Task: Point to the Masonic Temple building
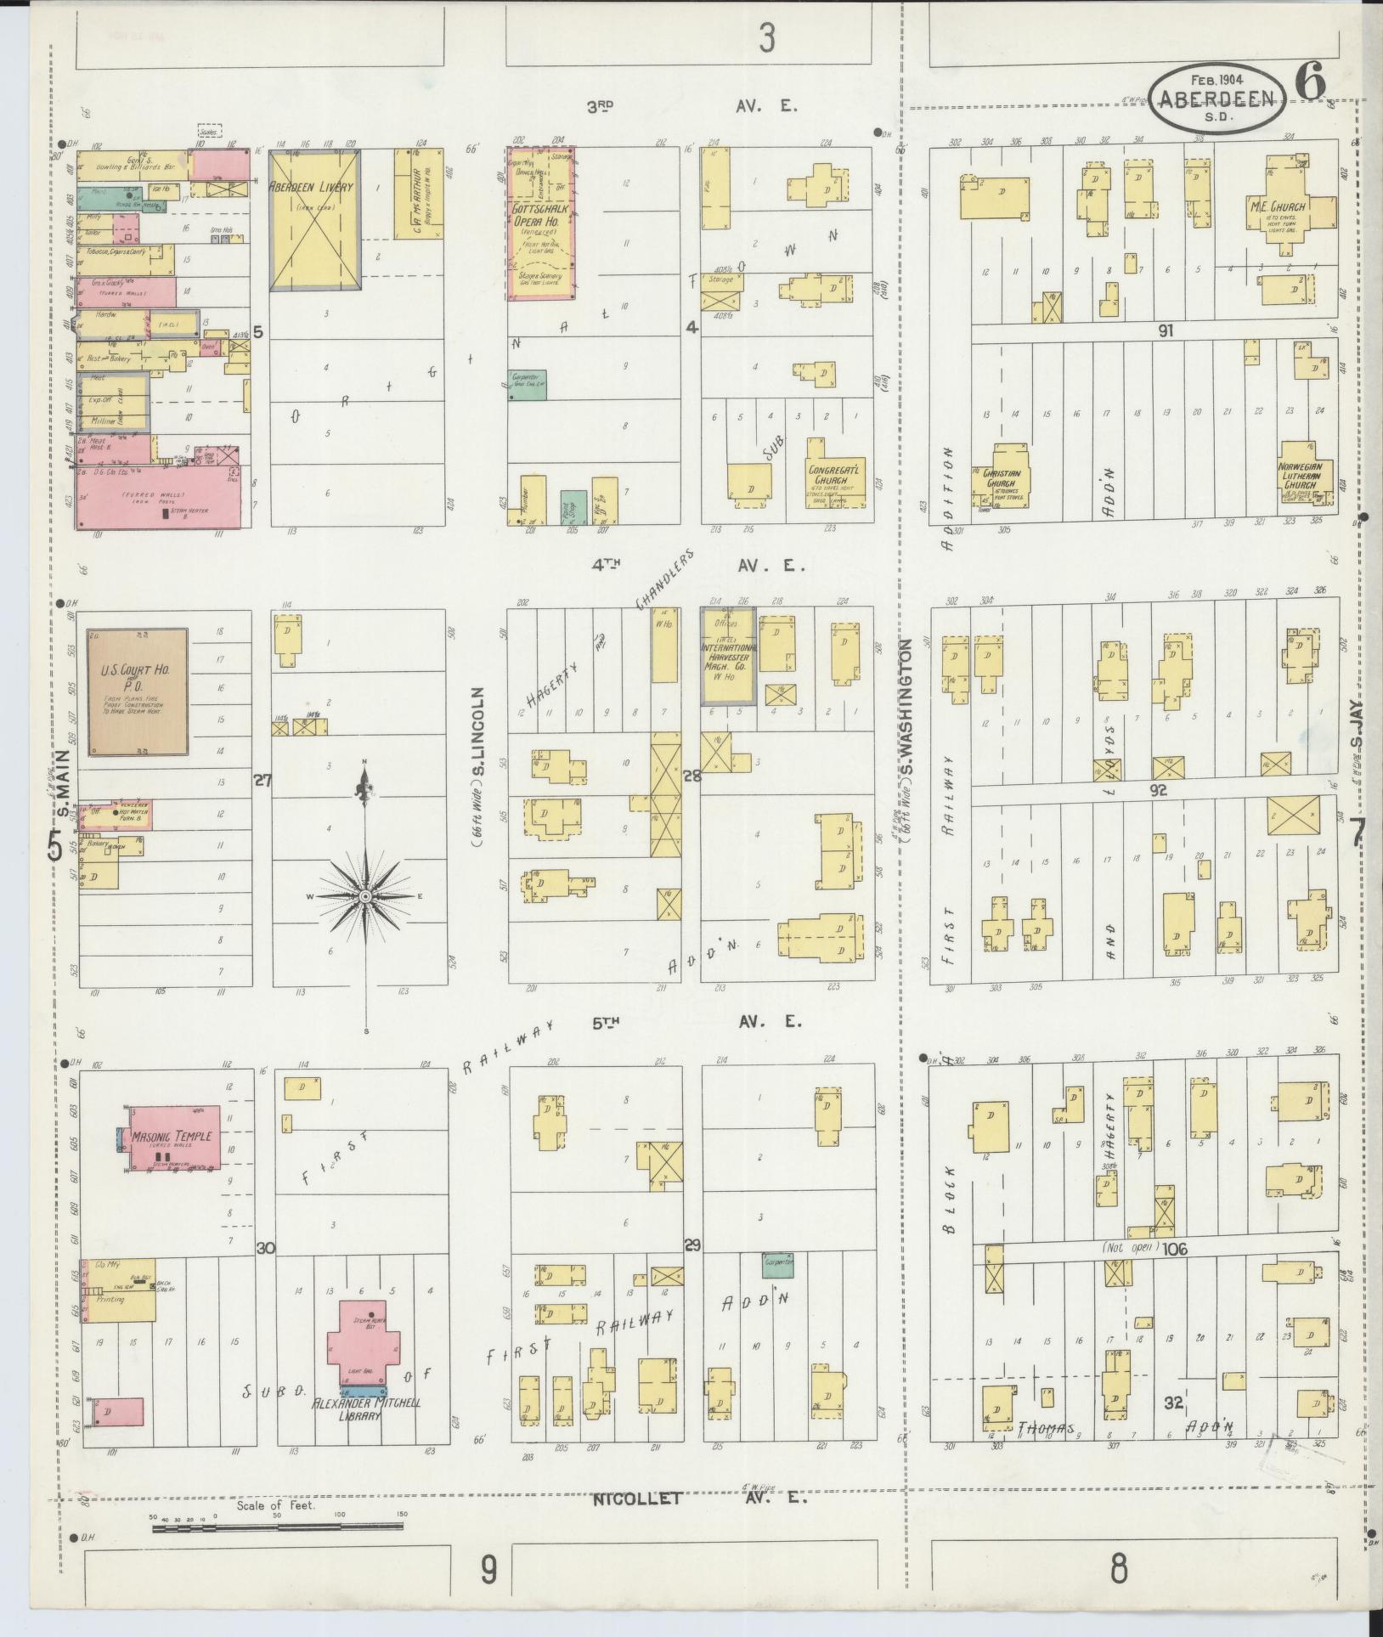pos(173,1137)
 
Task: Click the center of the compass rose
pos(364,896)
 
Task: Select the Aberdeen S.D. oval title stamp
pos(1216,100)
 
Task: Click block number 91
pos(1165,330)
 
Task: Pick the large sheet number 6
pos(1311,82)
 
